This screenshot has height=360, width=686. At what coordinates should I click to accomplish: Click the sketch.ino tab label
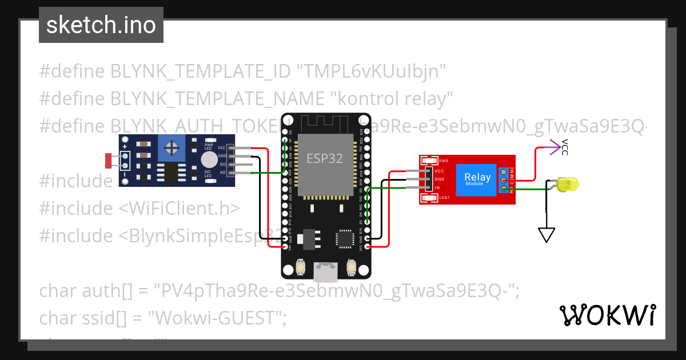click(x=101, y=25)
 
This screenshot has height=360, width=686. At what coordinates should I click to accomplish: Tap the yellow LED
click(x=568, y=185)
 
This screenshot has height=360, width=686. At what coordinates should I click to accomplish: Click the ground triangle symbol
click(x=547, y=235)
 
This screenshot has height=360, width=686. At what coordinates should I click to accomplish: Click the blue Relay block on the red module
click(x=477, y=179)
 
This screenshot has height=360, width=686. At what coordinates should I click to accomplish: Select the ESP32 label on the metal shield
click(x=325, y=158)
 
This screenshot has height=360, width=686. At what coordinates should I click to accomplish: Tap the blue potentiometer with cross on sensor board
click(x=171, y=149)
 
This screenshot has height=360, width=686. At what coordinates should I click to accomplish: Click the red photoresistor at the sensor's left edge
click(x=109, y=161)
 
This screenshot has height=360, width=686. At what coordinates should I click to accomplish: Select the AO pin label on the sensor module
click(x=222, y=172)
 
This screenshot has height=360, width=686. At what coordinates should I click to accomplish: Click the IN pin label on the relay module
click(x=437, y=188)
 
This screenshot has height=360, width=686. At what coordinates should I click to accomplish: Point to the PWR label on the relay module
click(x=444, y=161)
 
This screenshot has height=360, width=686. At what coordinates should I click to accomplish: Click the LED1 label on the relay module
click(x=444, y=198)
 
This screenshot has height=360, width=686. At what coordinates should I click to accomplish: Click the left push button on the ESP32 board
click(x=301, y=267)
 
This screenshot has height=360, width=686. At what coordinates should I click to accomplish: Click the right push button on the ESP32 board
click(x=352, y=267)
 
